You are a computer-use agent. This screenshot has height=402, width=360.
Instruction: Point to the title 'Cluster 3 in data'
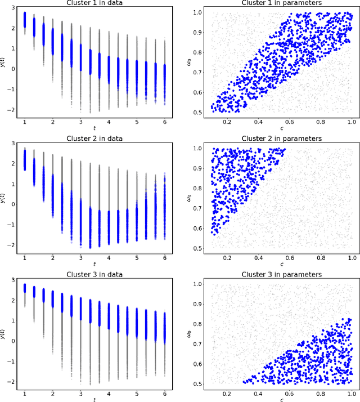pos(94,274)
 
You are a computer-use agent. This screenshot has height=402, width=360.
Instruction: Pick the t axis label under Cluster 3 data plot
pos(94,399)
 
